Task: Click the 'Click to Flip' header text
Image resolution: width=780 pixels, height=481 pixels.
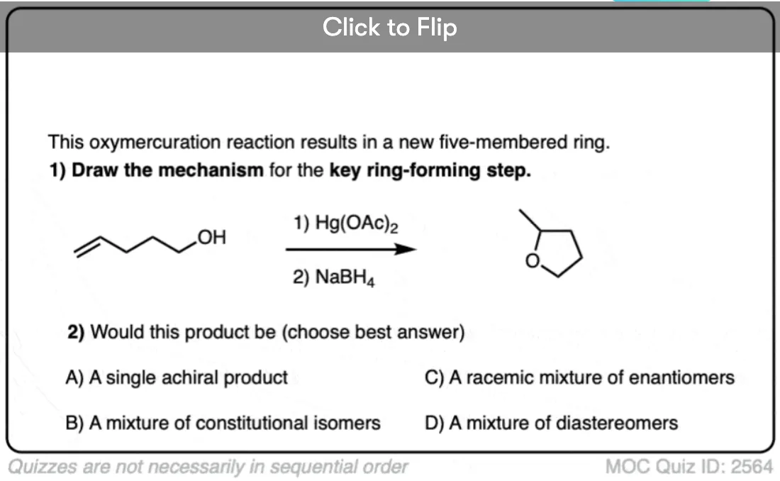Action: point(389,28)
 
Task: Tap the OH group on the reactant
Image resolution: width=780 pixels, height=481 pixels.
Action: point(212,237)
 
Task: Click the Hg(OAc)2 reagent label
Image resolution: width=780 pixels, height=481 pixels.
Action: point(345,223)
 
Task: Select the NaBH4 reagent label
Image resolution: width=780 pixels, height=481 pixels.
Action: point(333,277)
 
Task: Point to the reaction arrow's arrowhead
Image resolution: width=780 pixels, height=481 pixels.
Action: point(406,249)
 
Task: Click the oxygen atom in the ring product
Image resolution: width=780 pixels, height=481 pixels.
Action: point(533,261)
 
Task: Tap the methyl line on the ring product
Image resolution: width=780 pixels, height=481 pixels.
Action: point(530,220)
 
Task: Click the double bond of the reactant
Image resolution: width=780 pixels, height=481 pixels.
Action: point(87,246)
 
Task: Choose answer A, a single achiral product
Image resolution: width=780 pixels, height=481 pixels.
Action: point(177,377)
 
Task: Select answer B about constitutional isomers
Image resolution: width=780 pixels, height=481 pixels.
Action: point(223,424)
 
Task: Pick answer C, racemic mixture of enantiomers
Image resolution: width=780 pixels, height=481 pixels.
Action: point(579,377)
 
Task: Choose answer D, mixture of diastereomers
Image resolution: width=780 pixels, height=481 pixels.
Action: point(551,424)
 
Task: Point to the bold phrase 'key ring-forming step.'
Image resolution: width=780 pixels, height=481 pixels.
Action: point(430,170)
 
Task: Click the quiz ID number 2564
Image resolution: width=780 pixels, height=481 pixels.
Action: point(752,467)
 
